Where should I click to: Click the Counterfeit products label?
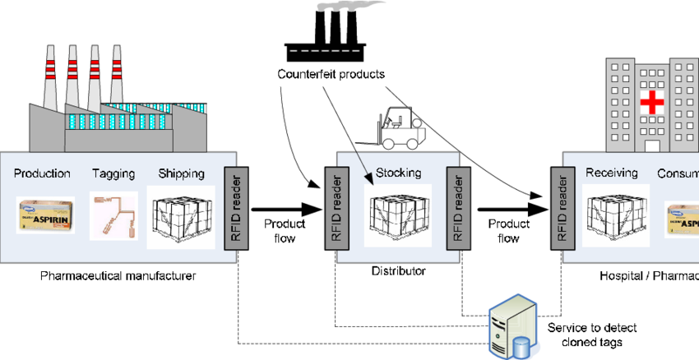coord(331,74)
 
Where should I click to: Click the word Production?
coord(43,173)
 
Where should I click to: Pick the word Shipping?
coord(181,173)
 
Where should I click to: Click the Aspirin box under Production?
coord(45,215)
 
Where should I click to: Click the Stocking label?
coord(398,173)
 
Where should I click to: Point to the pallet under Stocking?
coord(398,217)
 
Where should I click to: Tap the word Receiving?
coord(612,173)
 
